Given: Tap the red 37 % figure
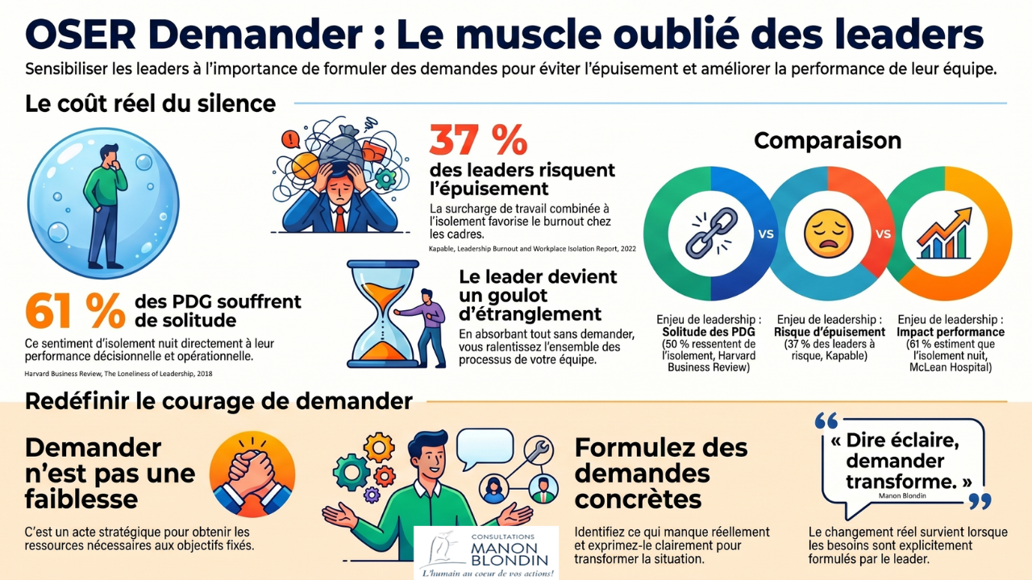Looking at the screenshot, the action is coord(478,140).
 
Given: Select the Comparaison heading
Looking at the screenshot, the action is coord(827,140).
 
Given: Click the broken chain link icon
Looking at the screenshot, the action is coord(711,234).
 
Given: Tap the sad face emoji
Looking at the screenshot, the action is coord(828,234).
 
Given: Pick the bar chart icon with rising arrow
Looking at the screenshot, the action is coord(944,234).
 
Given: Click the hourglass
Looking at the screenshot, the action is coord(383,314).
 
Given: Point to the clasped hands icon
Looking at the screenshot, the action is coord(252,474).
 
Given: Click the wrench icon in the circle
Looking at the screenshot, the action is coord(539,449).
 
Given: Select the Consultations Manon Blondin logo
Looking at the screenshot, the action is coord(486,553).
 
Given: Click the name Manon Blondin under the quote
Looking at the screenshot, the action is coord(902,495).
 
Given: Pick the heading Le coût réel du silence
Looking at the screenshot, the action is coord(150,104).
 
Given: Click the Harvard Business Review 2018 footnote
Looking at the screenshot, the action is coord(119,374).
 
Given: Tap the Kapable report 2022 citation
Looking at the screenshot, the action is coord(532,249).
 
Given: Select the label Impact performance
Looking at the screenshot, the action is coord(951,332).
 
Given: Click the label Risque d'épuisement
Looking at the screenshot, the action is coord(830,332).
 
